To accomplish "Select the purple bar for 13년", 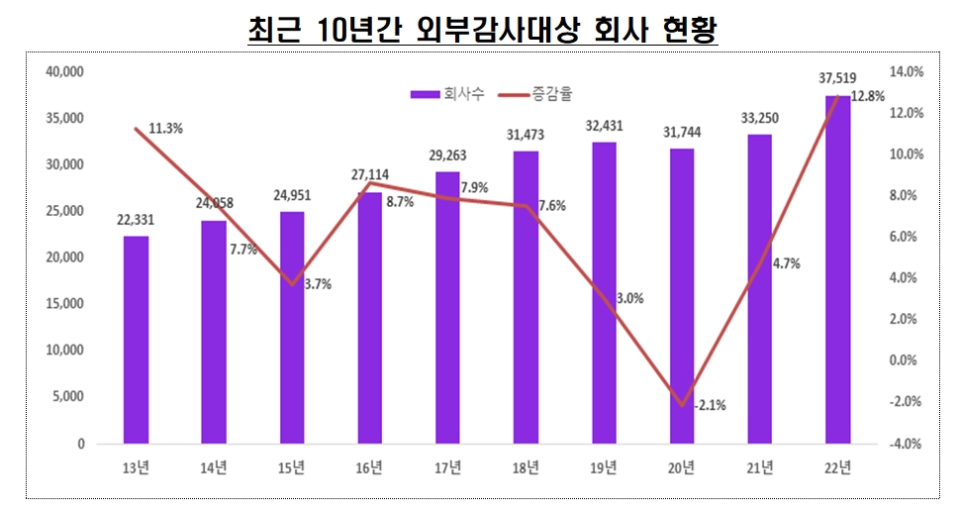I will point(136,340).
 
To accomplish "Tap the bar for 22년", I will point(837,269).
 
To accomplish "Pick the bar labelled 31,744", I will point(682,296).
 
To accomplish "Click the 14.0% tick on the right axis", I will point(907,72).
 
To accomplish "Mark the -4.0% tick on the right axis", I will point(907,444).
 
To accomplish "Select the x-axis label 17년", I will point(447,467).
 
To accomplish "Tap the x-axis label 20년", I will point(682,467).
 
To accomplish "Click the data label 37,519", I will point(837,78).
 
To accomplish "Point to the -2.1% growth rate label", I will point(710,404).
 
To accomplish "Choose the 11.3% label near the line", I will point(165,128).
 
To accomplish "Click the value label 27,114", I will point(370,174).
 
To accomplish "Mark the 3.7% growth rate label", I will point(319,283).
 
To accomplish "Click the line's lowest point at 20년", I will point(682,404).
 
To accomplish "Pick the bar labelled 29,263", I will point(447,308).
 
